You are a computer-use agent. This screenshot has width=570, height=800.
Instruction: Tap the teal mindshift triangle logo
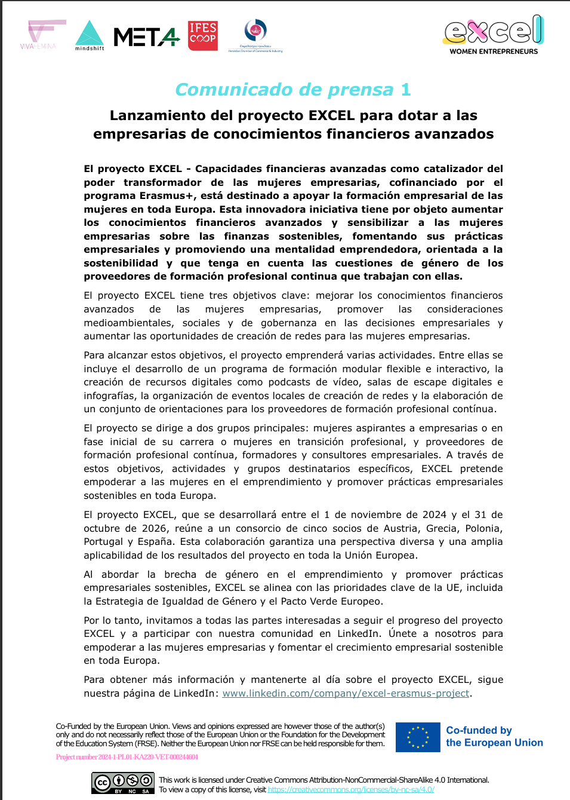point(90,35)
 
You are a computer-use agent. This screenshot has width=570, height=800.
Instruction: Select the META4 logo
point(146,37)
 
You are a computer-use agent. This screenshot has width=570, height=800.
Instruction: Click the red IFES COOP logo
point(203,36)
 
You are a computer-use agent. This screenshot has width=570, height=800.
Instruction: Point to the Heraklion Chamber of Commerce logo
point(255,35)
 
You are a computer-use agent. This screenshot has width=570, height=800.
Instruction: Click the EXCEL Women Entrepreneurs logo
point(494,35)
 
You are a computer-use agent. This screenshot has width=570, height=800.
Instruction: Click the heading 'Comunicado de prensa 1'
point(293,90)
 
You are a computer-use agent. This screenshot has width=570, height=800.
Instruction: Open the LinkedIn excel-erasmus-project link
point(346,694)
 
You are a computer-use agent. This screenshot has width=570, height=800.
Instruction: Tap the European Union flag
point(418,737)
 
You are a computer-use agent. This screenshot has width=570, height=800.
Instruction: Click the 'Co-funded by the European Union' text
point(494,737)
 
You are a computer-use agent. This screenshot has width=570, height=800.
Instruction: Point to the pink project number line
point(127,757)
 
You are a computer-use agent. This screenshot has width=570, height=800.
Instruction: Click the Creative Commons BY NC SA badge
point(123,783)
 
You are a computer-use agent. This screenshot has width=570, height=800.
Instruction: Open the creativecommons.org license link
point(351,789)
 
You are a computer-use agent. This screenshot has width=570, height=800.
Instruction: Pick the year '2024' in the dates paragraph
point(434,515)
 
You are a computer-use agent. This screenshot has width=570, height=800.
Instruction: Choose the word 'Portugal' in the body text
point(103,542)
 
